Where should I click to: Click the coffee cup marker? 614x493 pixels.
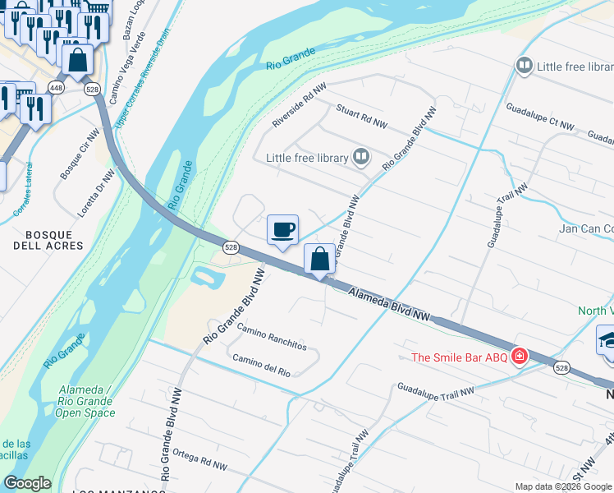click(x=282, y=229)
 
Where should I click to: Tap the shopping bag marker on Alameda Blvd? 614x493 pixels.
click(x=319, y=260)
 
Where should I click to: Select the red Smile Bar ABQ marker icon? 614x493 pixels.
click(x=519, y=356)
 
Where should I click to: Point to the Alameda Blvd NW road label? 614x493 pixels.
click(x=389, y=304)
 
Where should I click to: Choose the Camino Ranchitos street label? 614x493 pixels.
click(x=271, y=337)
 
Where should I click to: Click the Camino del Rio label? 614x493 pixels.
click(x=261, y=366)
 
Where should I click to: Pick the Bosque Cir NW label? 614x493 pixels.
click(x=80, y=160)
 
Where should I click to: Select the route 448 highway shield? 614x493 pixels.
click(x=56, y=87)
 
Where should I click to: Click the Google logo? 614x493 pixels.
click(x=27, y=483)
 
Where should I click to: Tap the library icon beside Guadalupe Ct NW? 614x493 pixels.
click(x=524, y=65)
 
